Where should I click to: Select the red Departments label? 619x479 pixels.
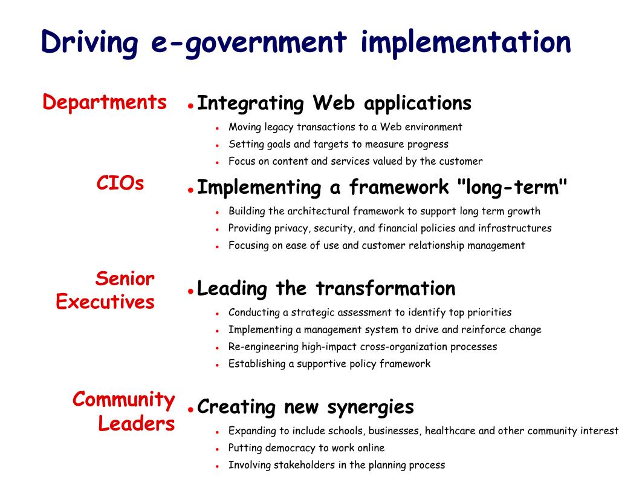tap(104, 103)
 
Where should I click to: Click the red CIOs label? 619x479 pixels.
tap(120, 183)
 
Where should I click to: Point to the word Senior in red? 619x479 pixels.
tap(125, 279)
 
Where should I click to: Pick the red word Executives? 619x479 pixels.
tap(105, 302)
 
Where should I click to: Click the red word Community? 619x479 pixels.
tap(123, 400)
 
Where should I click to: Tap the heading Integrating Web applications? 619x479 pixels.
tap(334, 103)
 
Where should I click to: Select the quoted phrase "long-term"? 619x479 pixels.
tap(512, 187)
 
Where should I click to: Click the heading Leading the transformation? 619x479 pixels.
tap(326, 288)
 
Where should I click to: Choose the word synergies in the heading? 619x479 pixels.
tap(371, 408)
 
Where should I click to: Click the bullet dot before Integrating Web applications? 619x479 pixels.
tap(190, 106)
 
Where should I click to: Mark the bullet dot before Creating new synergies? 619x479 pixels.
tap(190, 410)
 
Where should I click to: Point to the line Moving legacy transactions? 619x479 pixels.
tap(345, 127)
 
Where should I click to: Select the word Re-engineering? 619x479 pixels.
tap(264, 347)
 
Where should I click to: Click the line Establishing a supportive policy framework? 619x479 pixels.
tap(329, 364)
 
